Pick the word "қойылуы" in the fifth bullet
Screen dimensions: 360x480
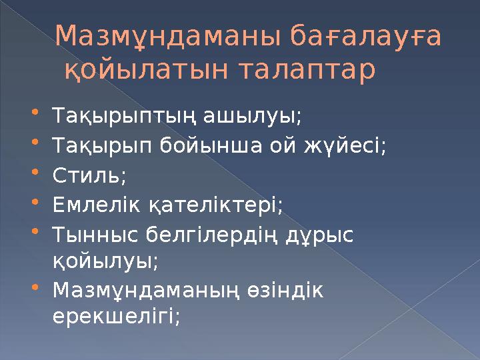(x=105, y=260)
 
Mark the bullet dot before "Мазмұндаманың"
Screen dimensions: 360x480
(x=44, y=289)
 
